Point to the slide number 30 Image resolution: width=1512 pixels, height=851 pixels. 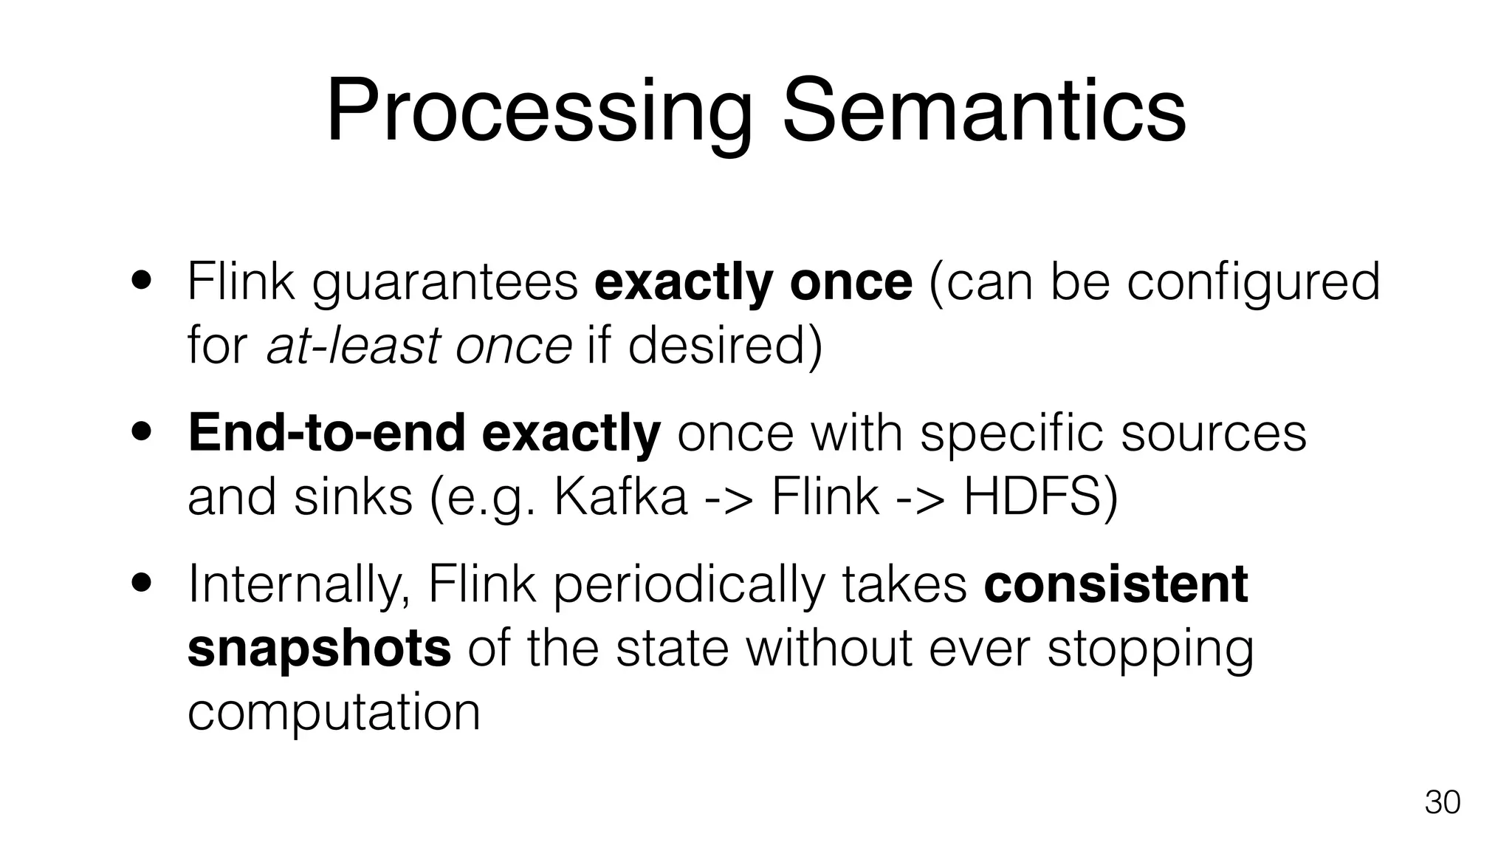click(x=1442, y=802)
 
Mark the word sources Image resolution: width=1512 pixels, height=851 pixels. click(x=1213, y=433)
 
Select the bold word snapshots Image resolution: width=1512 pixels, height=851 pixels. click(x=319, y=648)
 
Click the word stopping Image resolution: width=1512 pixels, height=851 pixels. click(x=1150, y=648)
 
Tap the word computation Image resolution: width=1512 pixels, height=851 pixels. click(x=334, y=712)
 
